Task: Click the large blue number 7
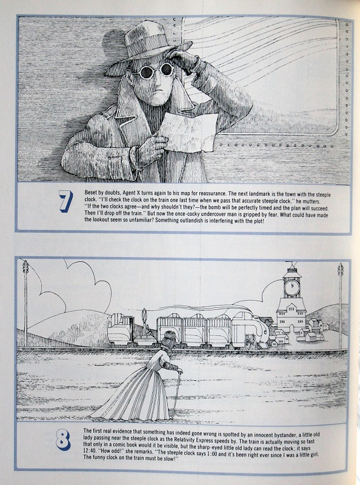point(66,201)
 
